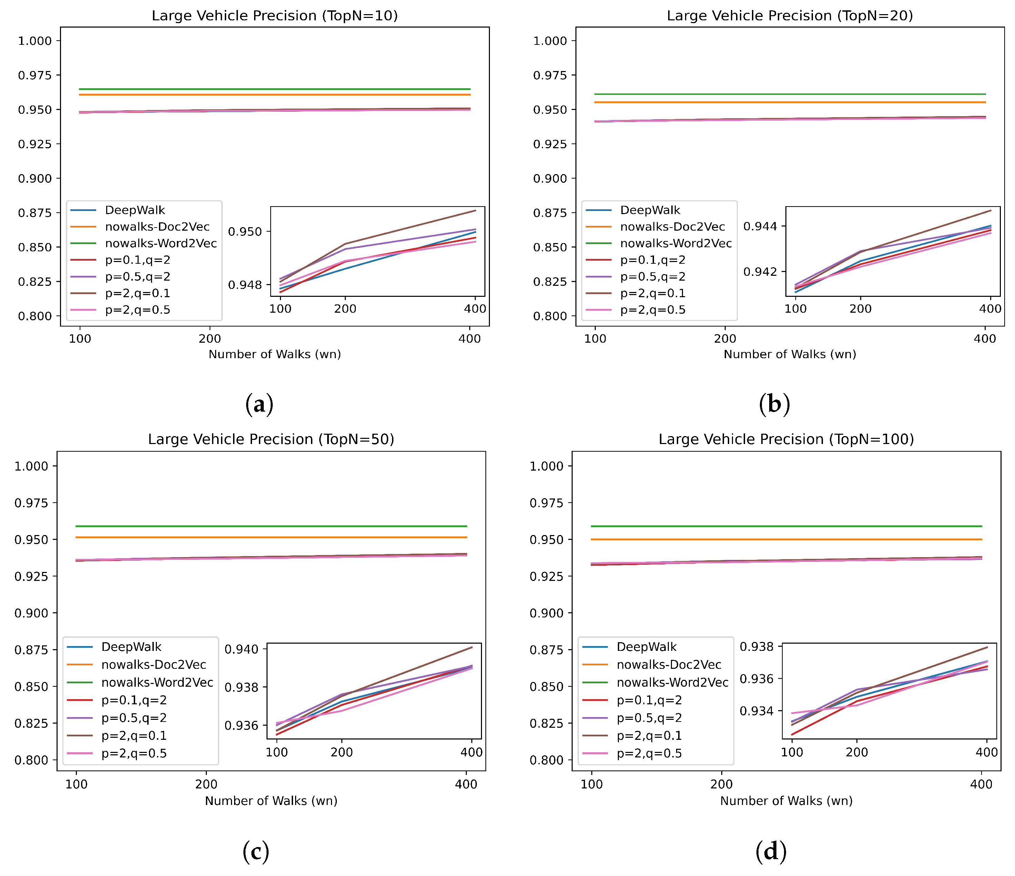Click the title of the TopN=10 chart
pos(274,16)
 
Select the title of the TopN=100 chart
pos(786,439)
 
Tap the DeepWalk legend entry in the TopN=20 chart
pos(650,210)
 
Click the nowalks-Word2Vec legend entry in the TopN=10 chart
pos(161,243)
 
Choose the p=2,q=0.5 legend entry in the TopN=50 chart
pos(134,754)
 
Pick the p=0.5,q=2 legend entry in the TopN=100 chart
pos(649,718)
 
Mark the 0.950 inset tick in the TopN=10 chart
pos(245,231)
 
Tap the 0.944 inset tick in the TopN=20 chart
pos(760,226)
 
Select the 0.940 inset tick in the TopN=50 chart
pos(241,649)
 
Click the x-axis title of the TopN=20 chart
pos(790,354)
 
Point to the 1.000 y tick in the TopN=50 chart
pos(31,466)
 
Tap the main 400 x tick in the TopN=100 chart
pos(981,784)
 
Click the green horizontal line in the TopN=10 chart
pos(274,89)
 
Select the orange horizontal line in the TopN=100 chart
pos(786,540)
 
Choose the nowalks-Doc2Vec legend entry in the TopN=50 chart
pos(153,665)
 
